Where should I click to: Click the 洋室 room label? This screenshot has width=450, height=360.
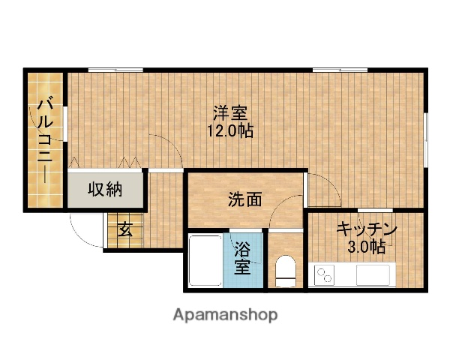coord(230,114)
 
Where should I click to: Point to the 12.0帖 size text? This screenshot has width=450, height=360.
coord(230,130)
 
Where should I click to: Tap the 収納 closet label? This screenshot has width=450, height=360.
coord(105,189)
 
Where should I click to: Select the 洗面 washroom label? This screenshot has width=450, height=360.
coord(245,199)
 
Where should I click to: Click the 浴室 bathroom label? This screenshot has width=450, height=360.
coord(242,257)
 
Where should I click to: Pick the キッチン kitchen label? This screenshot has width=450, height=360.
coord(366,229)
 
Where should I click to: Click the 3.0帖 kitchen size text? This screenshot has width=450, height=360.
coord(366,246)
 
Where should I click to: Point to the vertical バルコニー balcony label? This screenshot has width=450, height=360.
coord(45,139)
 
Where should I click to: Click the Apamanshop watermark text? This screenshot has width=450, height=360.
coord(226,313)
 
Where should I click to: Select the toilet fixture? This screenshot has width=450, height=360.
coord(285,271)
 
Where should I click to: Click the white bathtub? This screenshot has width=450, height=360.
coord(204,260)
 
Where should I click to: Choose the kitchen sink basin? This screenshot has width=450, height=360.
coord(373,275)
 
